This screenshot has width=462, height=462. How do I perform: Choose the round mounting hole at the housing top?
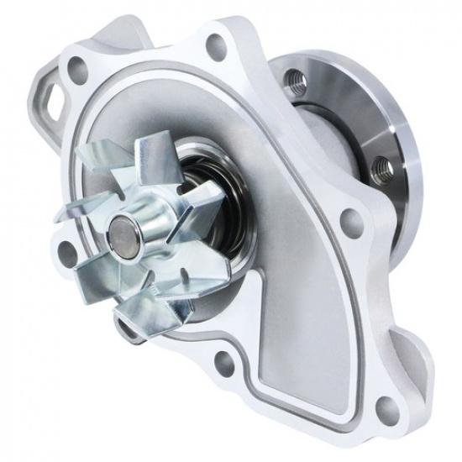[216, 45]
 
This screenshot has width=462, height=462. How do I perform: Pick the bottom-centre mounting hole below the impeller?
[224, 363]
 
